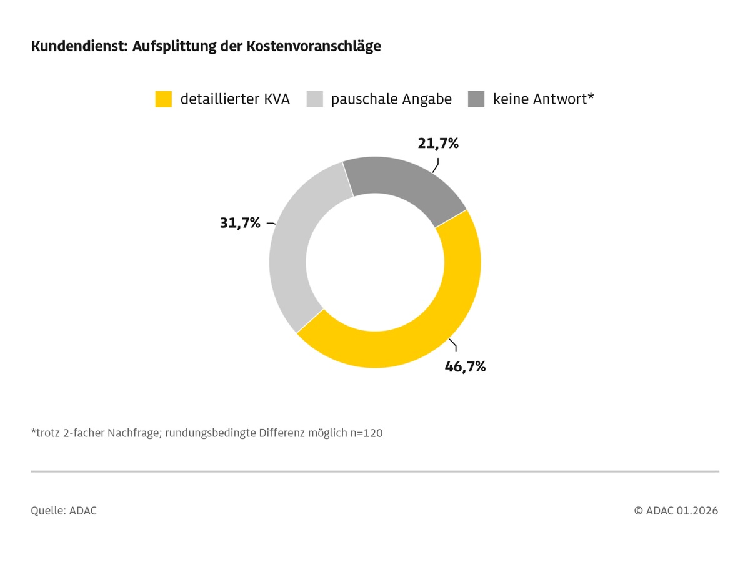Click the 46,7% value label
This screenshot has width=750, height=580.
pos(465,366)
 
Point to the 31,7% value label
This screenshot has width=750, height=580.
pos(239,222)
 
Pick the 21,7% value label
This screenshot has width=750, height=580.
pos(438,144)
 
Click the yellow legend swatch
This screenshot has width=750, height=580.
pos(163,99)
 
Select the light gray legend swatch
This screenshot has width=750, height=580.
pos(314,99)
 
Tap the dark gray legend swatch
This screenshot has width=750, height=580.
pos(476,99)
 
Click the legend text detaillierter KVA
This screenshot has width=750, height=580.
pos(235,99)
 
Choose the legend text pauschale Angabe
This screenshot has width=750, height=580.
pos(391,99)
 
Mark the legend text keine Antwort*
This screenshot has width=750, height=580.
pos(542,99)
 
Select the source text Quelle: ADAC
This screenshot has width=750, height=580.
pos(64,511)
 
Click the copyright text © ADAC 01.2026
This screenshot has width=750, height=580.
pos(676,511)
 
